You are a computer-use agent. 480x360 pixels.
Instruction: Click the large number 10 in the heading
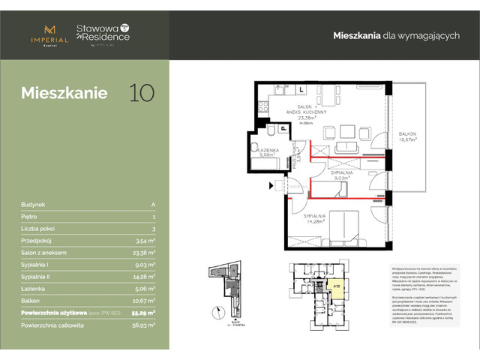142,93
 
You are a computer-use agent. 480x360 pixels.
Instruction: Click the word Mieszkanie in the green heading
64,94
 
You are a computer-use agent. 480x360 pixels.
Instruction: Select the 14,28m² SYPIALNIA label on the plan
317,219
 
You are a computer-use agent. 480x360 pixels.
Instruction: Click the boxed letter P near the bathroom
283,129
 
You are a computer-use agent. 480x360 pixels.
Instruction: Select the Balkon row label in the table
33,300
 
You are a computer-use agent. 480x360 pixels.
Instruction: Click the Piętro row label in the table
32,216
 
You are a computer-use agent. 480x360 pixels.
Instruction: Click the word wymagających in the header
421,36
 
